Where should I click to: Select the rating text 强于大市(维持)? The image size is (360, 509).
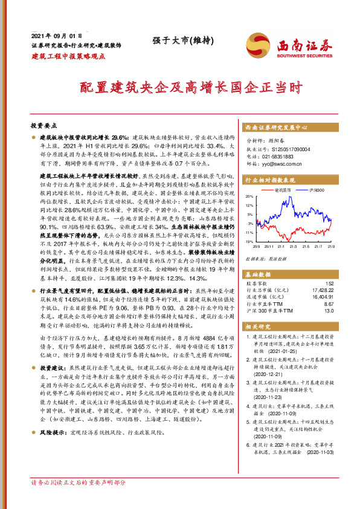click(179, 41)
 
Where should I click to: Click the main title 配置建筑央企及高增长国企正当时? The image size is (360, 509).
click(179, 87)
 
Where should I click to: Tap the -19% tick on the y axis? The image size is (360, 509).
click(249, 241)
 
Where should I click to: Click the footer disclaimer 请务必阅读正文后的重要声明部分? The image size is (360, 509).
click(79, 483)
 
